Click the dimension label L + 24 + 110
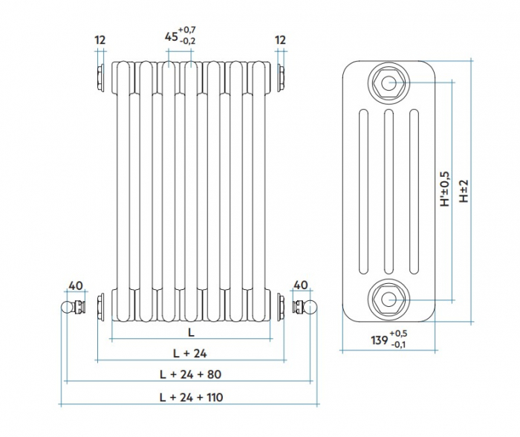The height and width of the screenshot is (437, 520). pyautogui.click(x=191, y=397)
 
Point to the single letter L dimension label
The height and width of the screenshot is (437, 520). pyautogui.click(x=191, y=331)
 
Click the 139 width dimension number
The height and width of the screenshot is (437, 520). pyautogui.click(x=379, y=340)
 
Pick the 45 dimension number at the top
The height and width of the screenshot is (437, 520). pyautogui.click(x=171, y=36)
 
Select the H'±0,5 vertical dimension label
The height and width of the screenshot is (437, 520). pyautogui.click(x=445, y=189)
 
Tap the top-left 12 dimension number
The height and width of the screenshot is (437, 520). pyautogui.click(x=101, y=39)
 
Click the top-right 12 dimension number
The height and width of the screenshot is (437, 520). pyautogui.click(x=280, y=39)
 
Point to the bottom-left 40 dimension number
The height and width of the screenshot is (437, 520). pyautogui.click(x=75, y=285)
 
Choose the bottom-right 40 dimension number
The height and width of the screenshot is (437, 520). pyautogui.click(x=301, y=285)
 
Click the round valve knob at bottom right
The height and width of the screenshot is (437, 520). pyautogui.click(x=313, y=306)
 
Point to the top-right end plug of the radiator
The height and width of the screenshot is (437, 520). pyautogui.click(x=282, y=75)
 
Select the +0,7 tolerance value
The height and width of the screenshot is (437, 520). pyautogui.click(x=187, y=29)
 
